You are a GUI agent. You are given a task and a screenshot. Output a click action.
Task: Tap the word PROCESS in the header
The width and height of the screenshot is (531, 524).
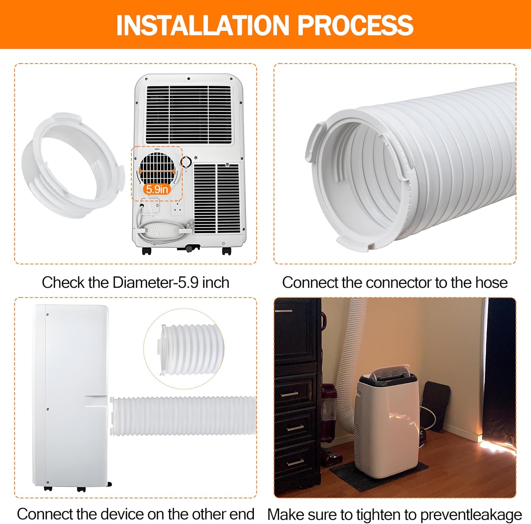pyautogui.click(x=355, y=25)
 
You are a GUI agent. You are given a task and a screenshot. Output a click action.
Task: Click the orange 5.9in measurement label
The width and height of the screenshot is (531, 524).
pyautogui.click(x=157, y=189)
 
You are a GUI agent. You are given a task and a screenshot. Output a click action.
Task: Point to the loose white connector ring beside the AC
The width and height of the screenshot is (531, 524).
pyautogui.click(x=73, y=166)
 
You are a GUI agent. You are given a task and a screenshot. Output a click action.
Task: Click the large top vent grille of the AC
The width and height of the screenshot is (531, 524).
pyautogui.click(x=189, y=114)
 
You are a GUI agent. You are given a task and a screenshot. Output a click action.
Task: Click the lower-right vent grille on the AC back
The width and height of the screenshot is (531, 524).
pyautogui.click(x=217, y=198)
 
